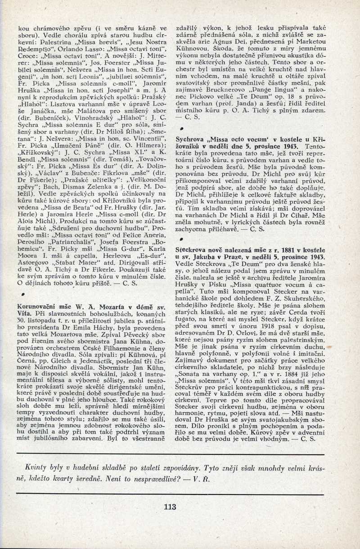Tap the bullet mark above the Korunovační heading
tap(17, 294)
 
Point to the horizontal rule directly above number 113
tap(180, 490)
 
